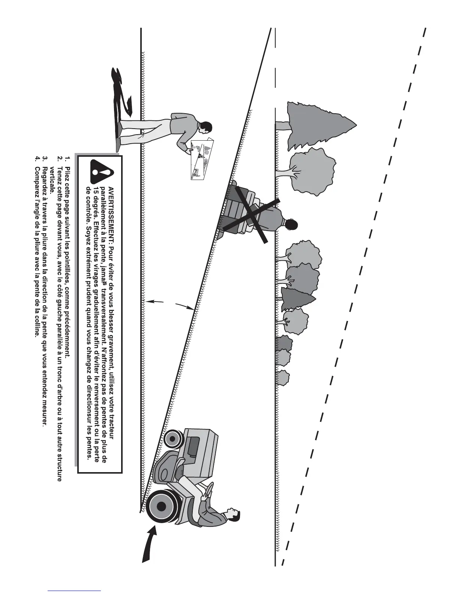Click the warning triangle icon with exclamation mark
pos(102,172)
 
